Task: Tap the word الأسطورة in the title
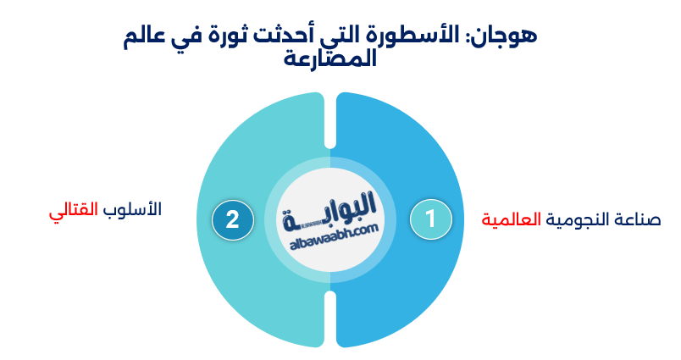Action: (x=424, y=36)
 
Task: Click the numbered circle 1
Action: (x=430, y=219)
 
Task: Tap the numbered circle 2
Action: (x=232, y=219)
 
